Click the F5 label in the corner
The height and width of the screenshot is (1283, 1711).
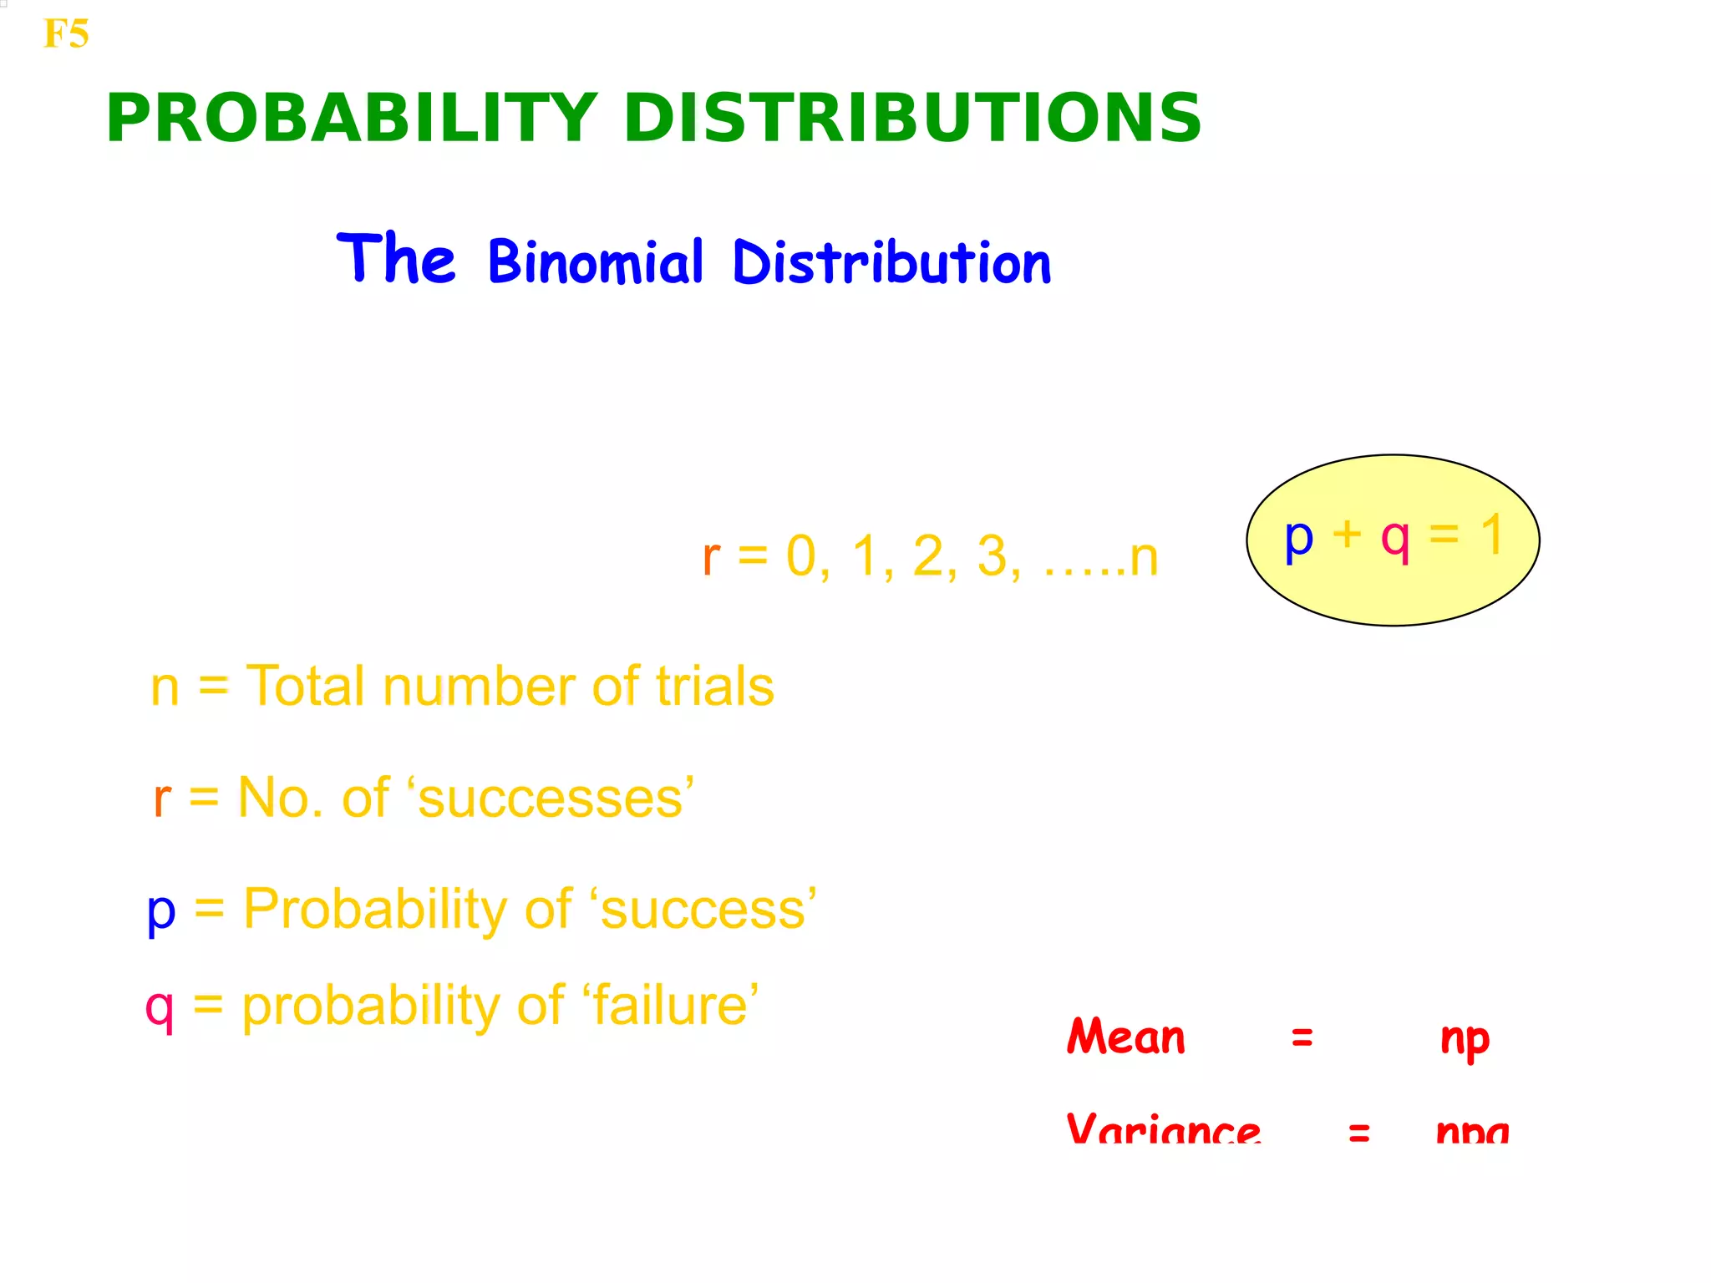coord(65,34)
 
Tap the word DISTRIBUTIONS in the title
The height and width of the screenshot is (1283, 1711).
coord(911,118)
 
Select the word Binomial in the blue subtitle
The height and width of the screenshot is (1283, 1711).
coord(596,261)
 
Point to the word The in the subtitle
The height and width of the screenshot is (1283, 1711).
coord(396,258)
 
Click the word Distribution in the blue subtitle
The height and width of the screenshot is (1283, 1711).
coord(891,261)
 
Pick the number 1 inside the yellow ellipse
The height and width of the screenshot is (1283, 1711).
coord(1492,535)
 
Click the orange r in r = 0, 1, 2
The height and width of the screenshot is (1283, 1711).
coord(711,557)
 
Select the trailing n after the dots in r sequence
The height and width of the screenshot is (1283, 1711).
coord(1144,557)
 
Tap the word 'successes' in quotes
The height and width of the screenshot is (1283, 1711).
coord(550,798)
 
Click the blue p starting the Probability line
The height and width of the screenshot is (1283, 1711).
coord(161,911)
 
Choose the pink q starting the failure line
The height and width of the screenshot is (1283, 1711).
coord(160,1007)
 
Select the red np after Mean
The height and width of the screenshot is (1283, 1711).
coord(1465,1039)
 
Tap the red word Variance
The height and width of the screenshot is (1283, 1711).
coord(1163,1129)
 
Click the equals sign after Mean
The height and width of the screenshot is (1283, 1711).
coord(1302,1038)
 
